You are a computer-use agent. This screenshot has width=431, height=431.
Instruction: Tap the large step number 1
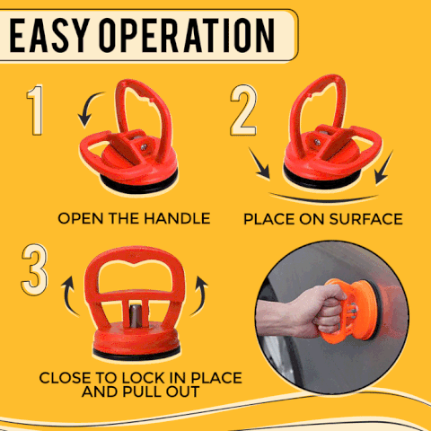coord(35,113)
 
